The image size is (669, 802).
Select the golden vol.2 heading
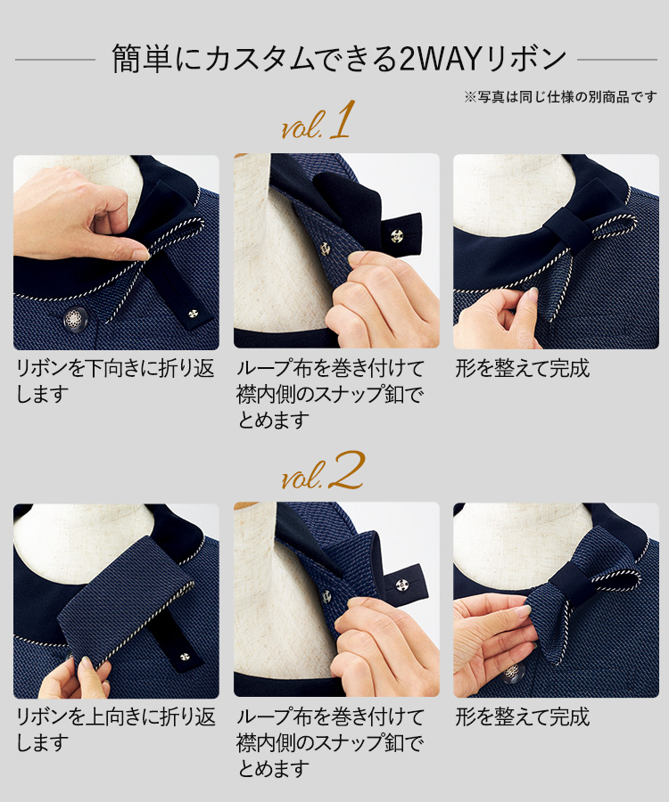[323, 471]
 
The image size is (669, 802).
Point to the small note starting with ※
[560, 96]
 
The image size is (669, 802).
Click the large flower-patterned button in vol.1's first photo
[75, 319]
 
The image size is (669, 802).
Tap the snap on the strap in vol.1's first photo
[193, 314]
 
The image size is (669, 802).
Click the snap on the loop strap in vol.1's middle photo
[397, 236]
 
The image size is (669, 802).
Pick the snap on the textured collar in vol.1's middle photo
[325, 250]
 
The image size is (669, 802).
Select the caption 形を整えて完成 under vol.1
[523, 368]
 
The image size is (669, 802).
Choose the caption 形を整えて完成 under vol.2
[523, 717]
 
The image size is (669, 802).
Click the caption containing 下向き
[115, 381]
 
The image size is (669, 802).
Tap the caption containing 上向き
[116, 730]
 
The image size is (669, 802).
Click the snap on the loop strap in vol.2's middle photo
[401, 584]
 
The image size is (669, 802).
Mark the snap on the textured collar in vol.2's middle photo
[326, 596]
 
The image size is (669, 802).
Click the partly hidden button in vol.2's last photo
[513, 673]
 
